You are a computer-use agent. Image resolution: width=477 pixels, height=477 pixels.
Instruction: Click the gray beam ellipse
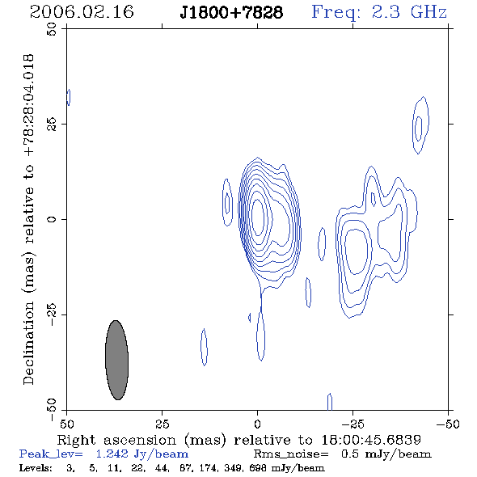tap(116, 360)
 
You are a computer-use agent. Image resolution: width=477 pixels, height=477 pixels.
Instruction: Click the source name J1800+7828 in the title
tap(231, 12)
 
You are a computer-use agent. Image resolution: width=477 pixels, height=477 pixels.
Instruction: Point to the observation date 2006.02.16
tap(82, 12)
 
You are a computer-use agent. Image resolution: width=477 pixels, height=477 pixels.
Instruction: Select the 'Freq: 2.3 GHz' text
tap(379, 12)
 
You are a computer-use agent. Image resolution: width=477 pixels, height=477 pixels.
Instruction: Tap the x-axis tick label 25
tap(163, 424)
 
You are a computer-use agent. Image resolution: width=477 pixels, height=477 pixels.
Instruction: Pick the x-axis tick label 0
tap(257, 424)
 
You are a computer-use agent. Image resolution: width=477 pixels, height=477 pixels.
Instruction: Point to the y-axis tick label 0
tap(52, 219)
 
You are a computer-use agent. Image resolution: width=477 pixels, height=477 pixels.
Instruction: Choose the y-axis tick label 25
tap(52, 125)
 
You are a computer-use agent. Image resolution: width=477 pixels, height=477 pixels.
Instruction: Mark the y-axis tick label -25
tap(52, 314)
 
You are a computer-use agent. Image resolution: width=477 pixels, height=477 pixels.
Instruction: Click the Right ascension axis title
tap(239, 440)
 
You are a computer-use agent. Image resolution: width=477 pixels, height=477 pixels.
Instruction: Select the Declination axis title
tap(28, 219)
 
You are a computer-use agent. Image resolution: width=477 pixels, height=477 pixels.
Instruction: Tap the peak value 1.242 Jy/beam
tap(142, 454)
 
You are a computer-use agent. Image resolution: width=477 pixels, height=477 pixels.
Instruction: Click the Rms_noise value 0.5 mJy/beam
tap(386, 454)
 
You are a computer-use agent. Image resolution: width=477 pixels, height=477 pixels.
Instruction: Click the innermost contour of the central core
tap(258, 217)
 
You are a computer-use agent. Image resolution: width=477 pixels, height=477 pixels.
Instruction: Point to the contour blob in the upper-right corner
tap(420, 125)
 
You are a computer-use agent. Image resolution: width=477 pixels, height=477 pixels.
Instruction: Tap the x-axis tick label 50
tap(66, 424)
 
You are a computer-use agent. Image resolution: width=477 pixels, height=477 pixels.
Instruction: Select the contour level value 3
tap(70, 468)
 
